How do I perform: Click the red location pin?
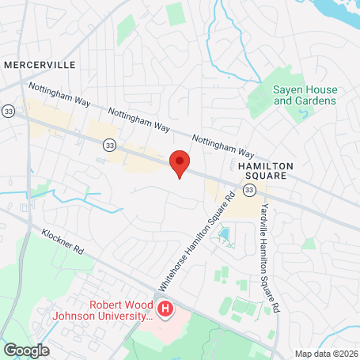click(x=180, y=162)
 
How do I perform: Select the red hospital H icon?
click(x=165, y=309)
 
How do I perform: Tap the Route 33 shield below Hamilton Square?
click(x=249, y=190)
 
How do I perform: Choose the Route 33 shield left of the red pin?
click(x=109, y=145)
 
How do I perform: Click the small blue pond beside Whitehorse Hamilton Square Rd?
click(x=224, y=235)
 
